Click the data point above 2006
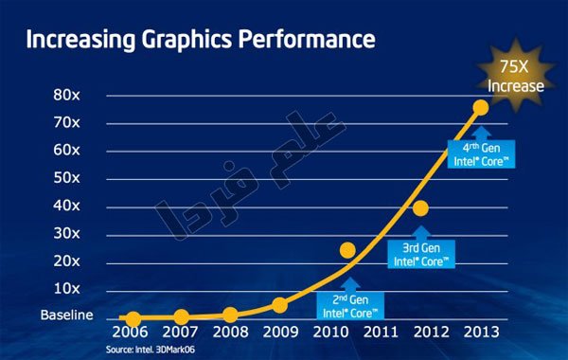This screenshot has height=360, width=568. pyautogui.click(x=133, y=319)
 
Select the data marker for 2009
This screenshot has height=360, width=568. pyautogui.click(x=280, y=306)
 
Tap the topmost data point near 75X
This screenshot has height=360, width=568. pyautogui.click(x=481, y=108)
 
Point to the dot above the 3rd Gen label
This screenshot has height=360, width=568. pyautogui.click(x=420, y=208)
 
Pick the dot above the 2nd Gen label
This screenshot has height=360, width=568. pyautogui.click(x=347, y=250)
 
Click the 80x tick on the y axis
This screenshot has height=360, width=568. pyautogui.click(x=66, y=95)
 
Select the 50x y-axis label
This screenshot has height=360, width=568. pyautogui.click(x=66, y=178)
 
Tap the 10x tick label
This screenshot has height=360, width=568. pyautogui.click(x=66, y=289)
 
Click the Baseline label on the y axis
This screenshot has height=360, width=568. pyautogui.click(x=66, y=315)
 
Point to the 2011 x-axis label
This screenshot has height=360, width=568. pyautogui.click(x=381, y=333)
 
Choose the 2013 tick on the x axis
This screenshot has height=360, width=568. pyautogui.click(x=482, y=333)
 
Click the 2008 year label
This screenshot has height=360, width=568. pyautogui.click(x=230, y=333)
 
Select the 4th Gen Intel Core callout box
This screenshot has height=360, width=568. pyautogui.click(x=482, y=154)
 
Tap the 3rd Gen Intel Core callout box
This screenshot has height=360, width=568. pyautogui.click(x=421, y=255)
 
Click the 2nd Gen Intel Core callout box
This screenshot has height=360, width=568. pyautogui.click(x=350, y=306)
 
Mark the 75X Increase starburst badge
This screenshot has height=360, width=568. pyautogui.click(x=516, y=76)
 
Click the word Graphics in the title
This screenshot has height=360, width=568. pyautogui.click(x=186, y=39)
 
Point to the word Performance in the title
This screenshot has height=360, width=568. pyautogui.click(x=307, y=39)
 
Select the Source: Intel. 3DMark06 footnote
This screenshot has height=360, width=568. pyautogui.click(x=151, y=350)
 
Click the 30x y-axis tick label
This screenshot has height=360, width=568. pyautogui.click(x=66, y=233)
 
